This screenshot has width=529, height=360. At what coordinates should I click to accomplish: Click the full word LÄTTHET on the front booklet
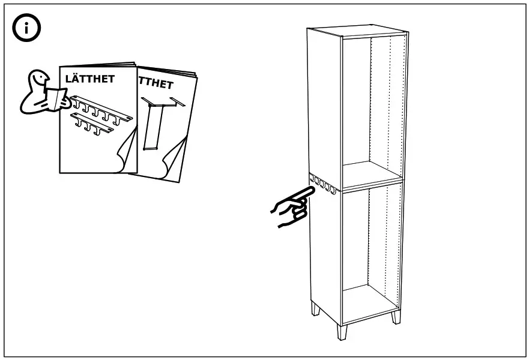(x=90, y=79)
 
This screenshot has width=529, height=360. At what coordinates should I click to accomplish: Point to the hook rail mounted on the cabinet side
(x=323, y=184)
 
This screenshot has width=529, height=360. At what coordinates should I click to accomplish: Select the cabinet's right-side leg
(x=396, y=315)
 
